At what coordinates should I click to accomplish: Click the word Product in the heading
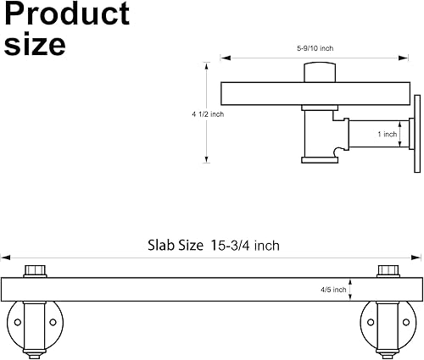coord(67,14)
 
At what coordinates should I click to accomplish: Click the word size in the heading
coord(35,45)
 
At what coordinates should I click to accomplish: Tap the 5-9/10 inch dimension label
coord(315,48)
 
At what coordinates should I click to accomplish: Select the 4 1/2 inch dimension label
coord(208,114)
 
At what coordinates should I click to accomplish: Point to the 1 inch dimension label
coord(388,134)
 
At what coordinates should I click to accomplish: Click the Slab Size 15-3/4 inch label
coord(214,245)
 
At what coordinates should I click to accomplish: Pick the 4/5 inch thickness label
coord(333,290)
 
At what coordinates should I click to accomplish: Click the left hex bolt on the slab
coord(35,271)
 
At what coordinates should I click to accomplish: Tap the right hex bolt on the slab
coord(388,271)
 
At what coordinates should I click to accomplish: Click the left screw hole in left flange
coord(18,322)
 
